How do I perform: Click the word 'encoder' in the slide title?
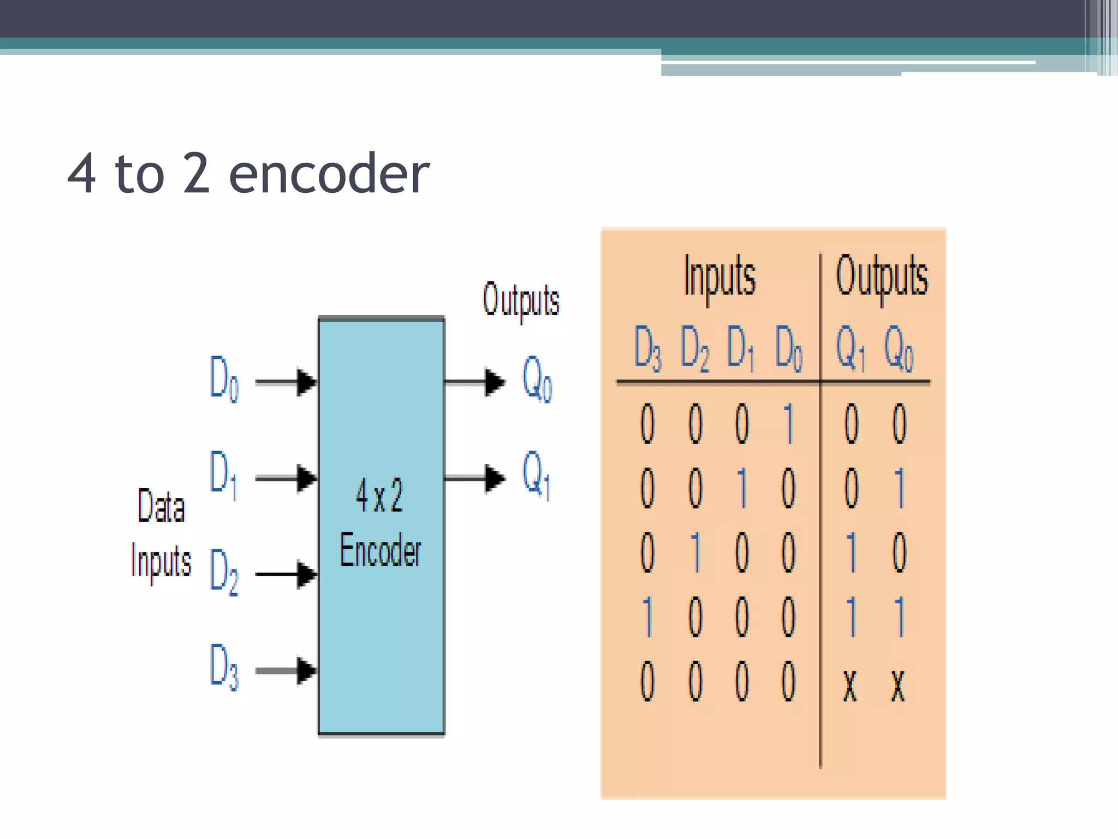329,174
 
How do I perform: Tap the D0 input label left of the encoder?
224,379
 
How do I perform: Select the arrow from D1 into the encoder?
286,478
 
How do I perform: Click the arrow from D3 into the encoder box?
286,670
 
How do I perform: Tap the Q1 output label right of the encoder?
537,474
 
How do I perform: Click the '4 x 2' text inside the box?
379,495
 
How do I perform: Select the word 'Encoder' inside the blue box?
380,550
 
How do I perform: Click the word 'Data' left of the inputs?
161,506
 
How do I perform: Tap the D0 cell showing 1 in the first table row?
788,423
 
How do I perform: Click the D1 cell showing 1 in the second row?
742,488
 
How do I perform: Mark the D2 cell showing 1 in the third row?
695,552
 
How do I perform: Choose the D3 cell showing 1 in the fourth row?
647,617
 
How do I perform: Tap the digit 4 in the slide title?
82,174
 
